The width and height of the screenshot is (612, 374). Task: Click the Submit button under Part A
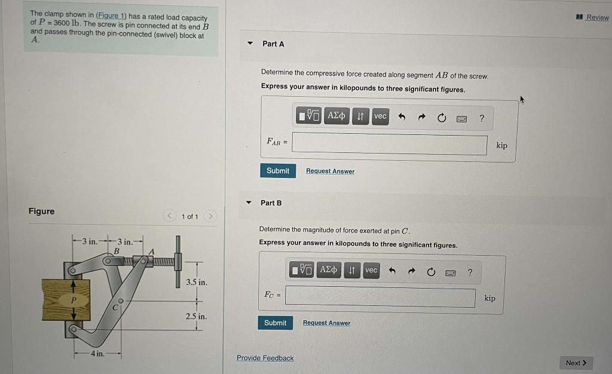[x=277, y=171]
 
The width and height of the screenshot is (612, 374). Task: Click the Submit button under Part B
[x=275, y=323]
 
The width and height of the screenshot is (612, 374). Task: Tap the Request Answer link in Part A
[x=330, y=171]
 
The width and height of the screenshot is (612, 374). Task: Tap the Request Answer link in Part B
[x=326, y=323]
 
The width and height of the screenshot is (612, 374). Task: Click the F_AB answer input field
[x=390, y=145]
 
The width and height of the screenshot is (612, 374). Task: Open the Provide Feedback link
[x=265, y=358]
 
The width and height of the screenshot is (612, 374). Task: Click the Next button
[x=576, y=363]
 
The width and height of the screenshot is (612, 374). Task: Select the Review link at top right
[x=596, y=17]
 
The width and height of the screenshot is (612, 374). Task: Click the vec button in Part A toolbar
[x=380, y=117]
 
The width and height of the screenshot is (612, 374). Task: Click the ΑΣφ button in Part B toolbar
[x=329, y=270]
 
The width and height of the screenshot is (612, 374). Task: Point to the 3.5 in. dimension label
[x=197, y=282]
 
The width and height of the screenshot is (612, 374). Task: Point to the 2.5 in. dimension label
[x=197, y=316]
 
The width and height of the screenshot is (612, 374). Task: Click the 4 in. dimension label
[x=97, y=354]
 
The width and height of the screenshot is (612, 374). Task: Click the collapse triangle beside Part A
[x=250, y=44]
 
